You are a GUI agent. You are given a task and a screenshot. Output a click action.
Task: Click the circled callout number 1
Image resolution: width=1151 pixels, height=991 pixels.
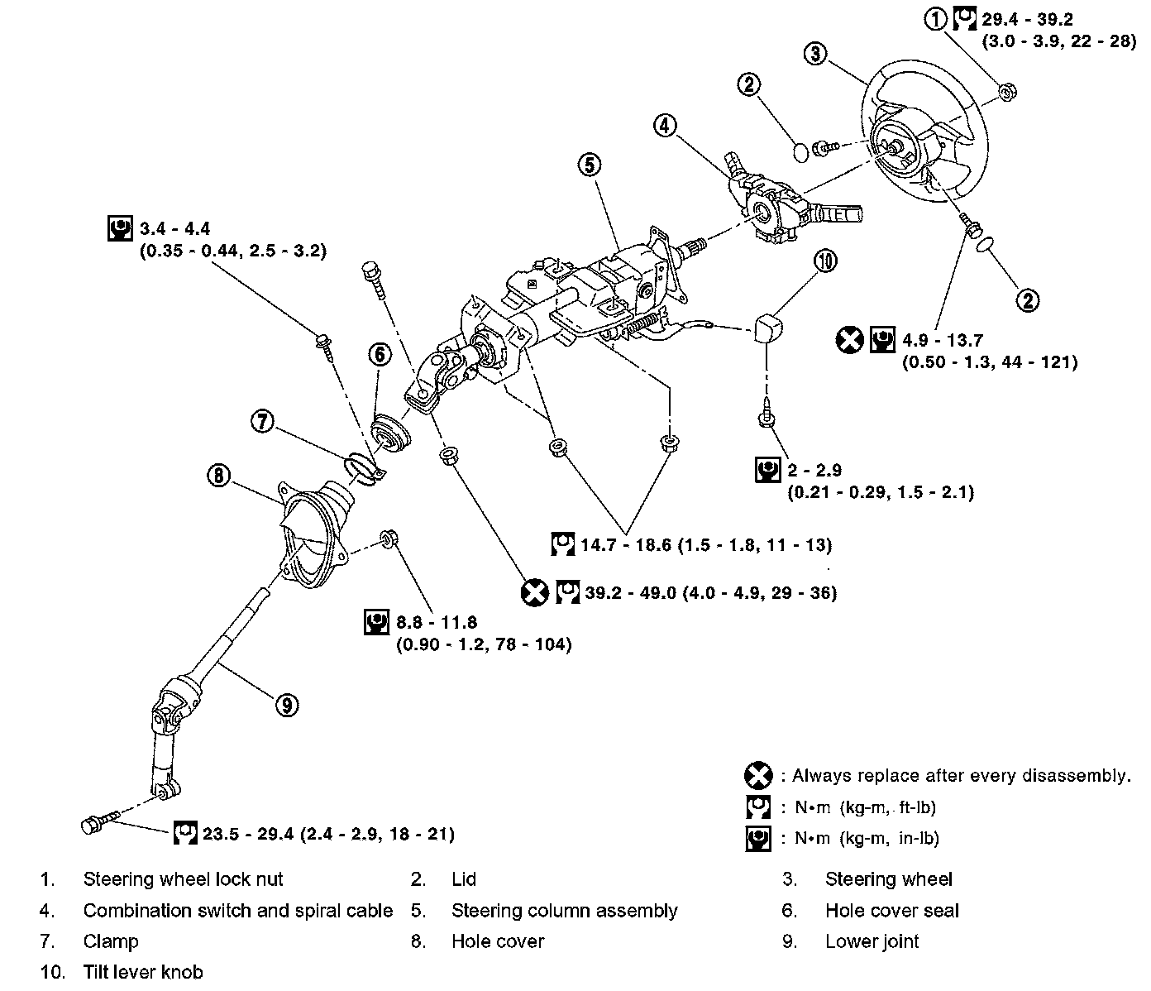click(x=936, y=18)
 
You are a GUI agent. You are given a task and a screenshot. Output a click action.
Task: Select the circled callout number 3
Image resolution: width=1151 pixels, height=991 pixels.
click(x=814, y=54)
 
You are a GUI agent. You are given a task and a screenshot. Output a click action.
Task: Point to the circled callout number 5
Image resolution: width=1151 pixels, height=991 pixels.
click(x=589, y=165)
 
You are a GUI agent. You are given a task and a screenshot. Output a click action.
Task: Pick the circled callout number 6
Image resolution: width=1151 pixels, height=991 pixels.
click(x=379, y=355)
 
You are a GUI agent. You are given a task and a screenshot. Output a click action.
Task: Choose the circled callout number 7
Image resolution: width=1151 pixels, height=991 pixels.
click(x=262, y=421)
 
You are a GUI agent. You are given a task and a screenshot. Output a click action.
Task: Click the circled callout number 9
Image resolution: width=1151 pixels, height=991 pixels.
click(x=285, y=705)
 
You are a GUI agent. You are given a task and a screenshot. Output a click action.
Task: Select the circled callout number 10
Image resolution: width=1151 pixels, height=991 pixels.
click(x=825, y=261)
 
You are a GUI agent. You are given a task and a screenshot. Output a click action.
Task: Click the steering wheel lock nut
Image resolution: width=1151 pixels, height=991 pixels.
click(x=1007, y=93)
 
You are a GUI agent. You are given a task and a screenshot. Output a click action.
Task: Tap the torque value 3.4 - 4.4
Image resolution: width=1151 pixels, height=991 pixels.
click(x=176, y=228)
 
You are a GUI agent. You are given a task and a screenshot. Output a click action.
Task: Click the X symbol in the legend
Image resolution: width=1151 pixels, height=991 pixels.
click(x=757, y=776)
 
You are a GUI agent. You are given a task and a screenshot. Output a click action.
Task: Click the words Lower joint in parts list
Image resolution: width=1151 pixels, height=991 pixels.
click(x=872, y=941)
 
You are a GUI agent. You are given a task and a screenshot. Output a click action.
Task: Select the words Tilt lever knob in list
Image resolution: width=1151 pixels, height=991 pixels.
click(x=143, y=972)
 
